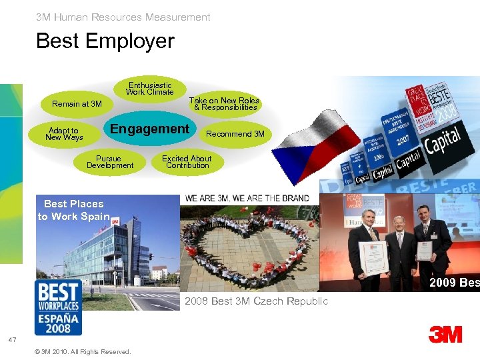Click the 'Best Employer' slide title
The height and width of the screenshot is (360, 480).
pyautogui.click(x=105, y=41)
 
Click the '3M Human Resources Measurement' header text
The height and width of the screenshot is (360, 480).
pyautogui.click(x=123, y=17)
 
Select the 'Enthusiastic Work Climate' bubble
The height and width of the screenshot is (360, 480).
pyautogui.click(x=151, y=89)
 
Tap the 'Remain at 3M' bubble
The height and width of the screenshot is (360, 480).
pyautogui.click(x=77, y=104)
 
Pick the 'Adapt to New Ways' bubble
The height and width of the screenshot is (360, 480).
pyautogui.click(x=63, y=134)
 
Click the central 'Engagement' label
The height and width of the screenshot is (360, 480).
pyautogui.click(x=149, y=129)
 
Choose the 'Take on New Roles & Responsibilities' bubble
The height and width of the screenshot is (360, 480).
pyautogui.click(x=224, y=104)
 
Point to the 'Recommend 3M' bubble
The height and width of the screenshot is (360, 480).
pyautogui.click(x=235, y=134)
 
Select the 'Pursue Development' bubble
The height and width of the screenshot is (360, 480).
pyautogui.click(x=110, y=162)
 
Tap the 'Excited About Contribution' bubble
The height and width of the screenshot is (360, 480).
pyautogui.click(x=187, y=162)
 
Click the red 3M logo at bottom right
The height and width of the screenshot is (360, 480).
pyautogui.click(x=445, y=334)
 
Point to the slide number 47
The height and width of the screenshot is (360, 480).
pyautogui.click(x=12, y=340)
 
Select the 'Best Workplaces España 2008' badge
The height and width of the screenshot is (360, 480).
pyautogui.click(x=58, y=307)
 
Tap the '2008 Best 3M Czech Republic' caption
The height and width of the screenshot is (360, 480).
pyautogui.click(x=256, y=301)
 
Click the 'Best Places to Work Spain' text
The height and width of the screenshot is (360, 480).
pyautogui.click(x=73, y=210)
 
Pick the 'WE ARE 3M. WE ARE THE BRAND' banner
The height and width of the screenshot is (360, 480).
pyautogui.click(x=247, y=198)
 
